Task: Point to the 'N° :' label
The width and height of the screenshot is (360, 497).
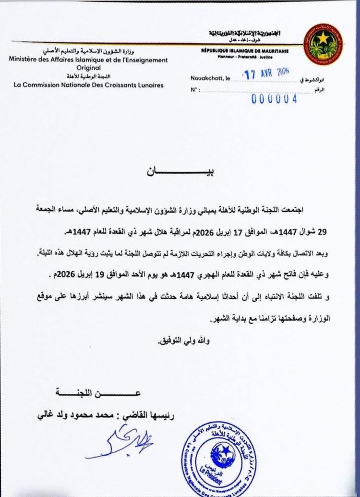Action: [x=194, y=90]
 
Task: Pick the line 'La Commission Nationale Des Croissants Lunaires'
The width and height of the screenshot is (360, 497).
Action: [x=89, y=85]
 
